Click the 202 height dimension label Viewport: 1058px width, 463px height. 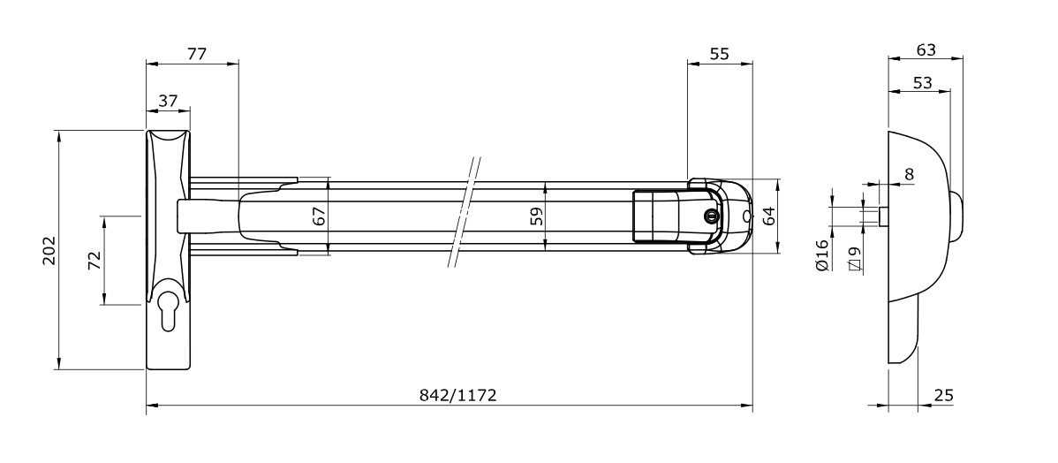(49, 250)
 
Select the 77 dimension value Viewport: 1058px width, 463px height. (196, 54)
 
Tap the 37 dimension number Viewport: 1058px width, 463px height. (168, 102)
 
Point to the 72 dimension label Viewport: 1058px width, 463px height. (94, 261)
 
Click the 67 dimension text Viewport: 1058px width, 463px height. (319, 216)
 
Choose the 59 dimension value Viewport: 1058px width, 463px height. (536, 216)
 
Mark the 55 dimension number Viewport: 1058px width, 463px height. (720, 54)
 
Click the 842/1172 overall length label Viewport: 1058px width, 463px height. (458, 396)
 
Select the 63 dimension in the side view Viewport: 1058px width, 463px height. (926, 50)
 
